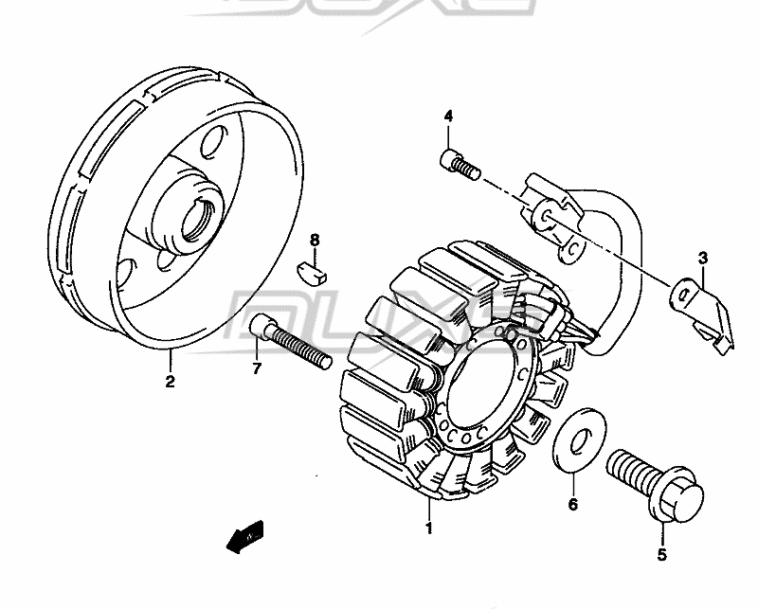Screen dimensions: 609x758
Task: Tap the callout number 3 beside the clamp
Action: click(703, 258)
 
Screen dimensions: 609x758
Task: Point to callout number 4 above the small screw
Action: click(448, 116)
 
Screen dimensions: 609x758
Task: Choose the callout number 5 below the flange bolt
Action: click(662, 554)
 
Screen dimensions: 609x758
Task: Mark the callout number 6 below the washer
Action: click(572, 505)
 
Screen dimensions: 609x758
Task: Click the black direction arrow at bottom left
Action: click(244, 539)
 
